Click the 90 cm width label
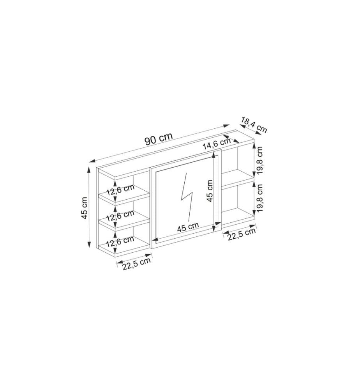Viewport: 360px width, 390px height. (x=158, y=138)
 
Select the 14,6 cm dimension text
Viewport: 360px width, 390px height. (x=217, y=144)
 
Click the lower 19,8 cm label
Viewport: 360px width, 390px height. (x=259, y=198)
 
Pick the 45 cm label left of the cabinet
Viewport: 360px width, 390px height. (x=85, y=208)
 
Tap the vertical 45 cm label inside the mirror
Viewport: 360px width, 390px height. (x=210, y=191)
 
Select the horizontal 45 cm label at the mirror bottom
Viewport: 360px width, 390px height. (x=188, y=227)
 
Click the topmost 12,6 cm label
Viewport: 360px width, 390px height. (x=120, y=190)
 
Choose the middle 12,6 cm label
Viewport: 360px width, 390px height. (x=120, y=216)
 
